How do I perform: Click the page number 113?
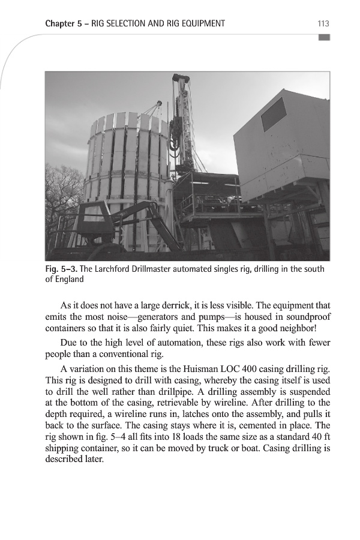click(323, 23)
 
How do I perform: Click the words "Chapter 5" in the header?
click(63, 23)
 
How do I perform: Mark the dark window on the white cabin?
click(274, 114)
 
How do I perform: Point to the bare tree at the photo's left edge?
click(60, 192)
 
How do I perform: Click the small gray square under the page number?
click(324, 37)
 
